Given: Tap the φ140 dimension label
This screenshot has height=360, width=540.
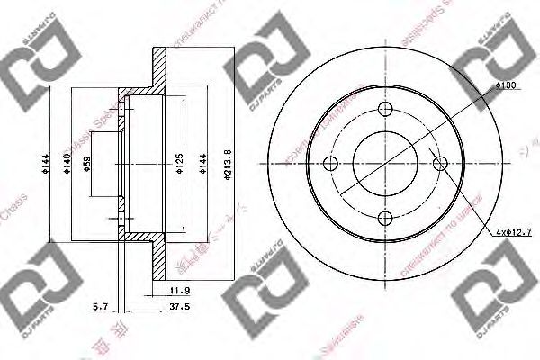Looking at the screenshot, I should pyautogui.click(x=68, y=164).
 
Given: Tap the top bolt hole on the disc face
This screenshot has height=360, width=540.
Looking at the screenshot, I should pyautogui.click(x=385, y=110).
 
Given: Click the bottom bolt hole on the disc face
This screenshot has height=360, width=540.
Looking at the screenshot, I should pyautogui.click(x=385, y=217).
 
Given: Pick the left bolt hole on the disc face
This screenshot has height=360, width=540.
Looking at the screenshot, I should pyautogui.click(x=330, y=163).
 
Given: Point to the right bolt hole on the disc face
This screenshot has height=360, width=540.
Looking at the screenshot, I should pyautogui.click(x=439, y=163).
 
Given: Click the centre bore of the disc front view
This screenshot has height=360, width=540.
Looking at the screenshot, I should pyautogui.click(x=385, y=163).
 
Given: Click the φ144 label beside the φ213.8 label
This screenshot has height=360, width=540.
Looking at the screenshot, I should pyautogui.click(x=204, y=164).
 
